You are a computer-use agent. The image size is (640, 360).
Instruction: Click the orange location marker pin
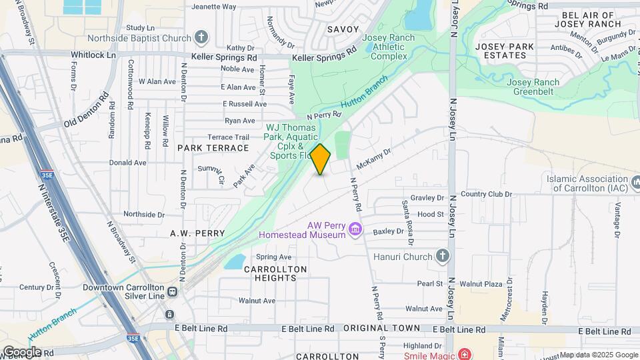coord(321,159)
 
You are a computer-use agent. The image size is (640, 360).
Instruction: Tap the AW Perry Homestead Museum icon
coord(355,230)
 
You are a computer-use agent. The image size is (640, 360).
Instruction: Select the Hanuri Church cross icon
coord(442,255)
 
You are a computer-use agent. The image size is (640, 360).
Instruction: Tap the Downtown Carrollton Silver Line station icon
coord(173,291)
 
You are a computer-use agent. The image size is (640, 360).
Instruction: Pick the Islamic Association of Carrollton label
coord(587,183)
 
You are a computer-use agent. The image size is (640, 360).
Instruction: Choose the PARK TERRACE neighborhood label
coord(213,147)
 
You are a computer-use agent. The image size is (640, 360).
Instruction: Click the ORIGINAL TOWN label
coord(382,329)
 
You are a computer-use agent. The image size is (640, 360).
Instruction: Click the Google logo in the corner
coord(21,351)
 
